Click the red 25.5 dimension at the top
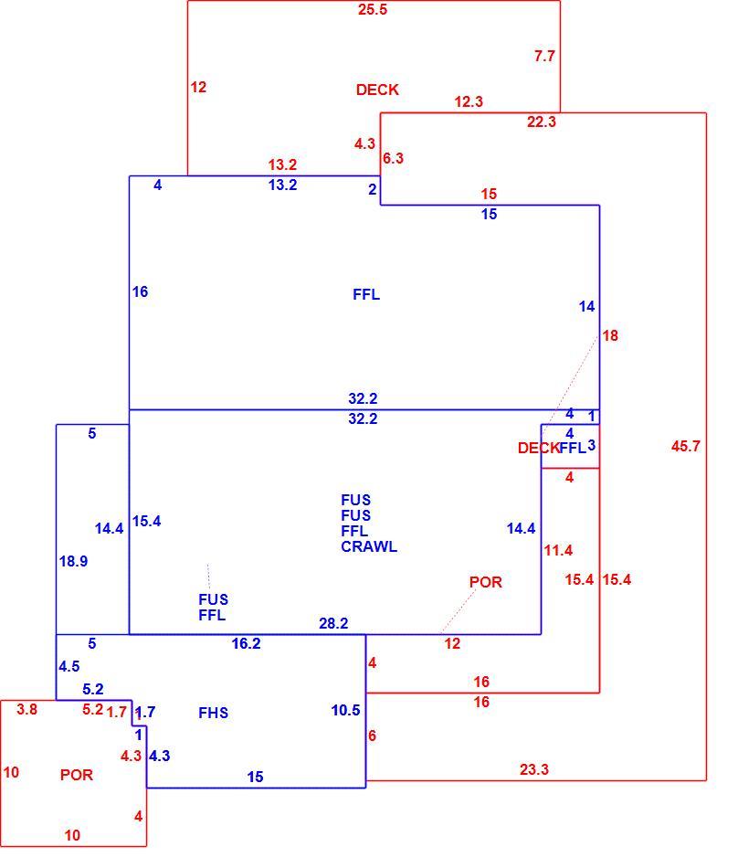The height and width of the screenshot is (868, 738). tap(373, 9)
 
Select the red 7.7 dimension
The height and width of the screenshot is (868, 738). tap(544, 56)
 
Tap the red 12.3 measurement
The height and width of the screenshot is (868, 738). tap(469, 101)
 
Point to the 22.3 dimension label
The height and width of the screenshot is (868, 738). tap(541, 122)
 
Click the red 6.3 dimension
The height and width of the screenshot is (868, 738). tap(393, 158)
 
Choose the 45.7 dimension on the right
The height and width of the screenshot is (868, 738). tap(685, 446)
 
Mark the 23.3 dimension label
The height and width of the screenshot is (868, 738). tap(533, 769)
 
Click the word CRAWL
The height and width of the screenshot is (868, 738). tap(369, 547)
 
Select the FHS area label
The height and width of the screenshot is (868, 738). tap(213, 713)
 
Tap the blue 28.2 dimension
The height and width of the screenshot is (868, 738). tap(333, 624)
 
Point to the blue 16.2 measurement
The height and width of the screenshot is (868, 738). tap(247, 643)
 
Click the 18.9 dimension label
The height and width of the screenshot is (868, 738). tap(74, 561)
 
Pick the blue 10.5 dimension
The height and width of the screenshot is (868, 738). tap(346, 710)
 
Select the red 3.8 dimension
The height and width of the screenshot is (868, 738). tap(26, 710)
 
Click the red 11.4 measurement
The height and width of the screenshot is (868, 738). tap(558, 551)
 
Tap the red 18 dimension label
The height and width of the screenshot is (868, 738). tap(610, 336)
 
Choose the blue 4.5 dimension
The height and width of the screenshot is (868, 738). tap(69, 666)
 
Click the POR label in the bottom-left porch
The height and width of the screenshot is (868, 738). tap(77, 775)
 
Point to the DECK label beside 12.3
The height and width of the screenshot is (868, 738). tap(377, 90)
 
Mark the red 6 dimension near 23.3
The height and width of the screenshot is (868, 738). tap(373, 736)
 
